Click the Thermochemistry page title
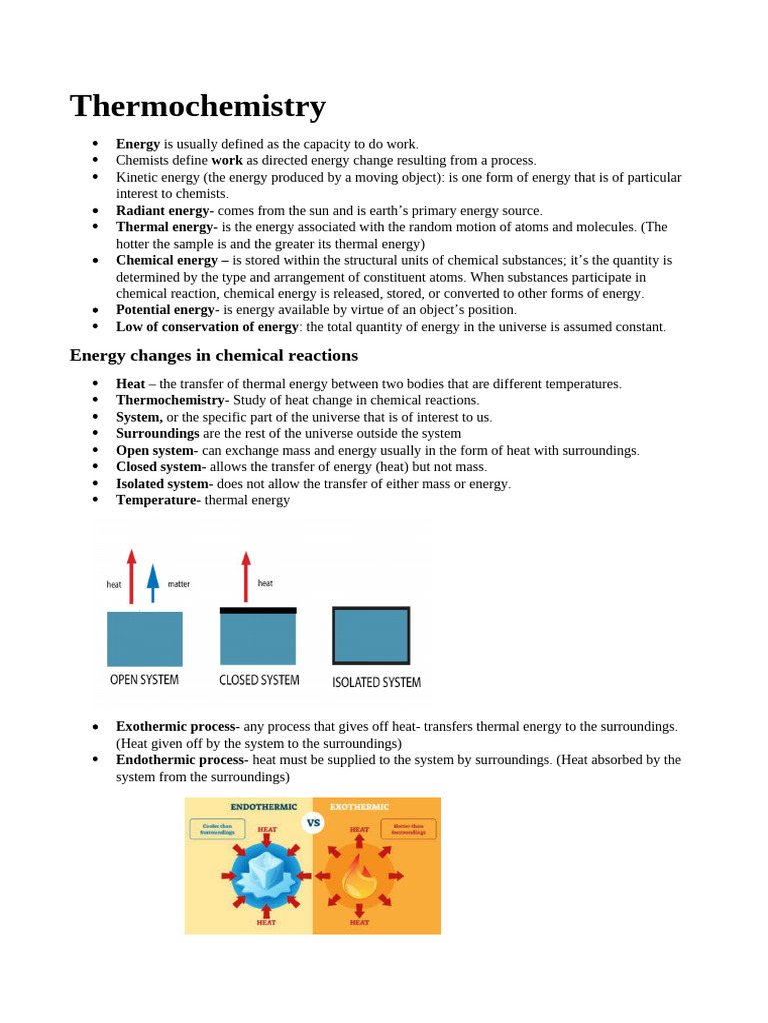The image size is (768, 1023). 198,106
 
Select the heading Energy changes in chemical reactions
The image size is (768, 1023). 213,356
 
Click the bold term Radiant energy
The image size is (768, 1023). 164,211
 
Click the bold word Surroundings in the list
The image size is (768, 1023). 157,434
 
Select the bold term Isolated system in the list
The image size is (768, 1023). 161,484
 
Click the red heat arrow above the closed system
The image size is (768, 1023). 246,576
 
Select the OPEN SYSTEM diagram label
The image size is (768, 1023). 144,680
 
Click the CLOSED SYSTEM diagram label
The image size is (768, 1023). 259,680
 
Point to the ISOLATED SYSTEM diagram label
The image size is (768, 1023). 376,683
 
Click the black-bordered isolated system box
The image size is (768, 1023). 371,636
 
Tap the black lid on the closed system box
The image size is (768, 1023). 258,610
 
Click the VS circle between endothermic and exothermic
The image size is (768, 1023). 313,823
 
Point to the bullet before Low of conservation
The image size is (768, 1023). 95,327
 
